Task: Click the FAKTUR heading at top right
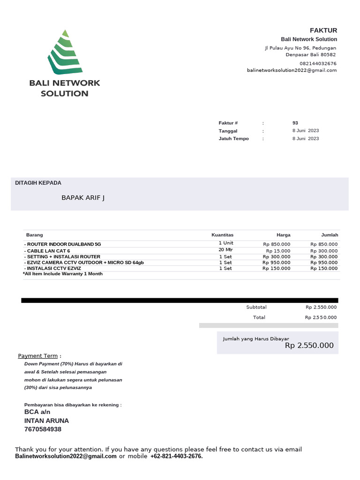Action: (x=323, y=30)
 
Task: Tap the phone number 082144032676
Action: (x=318, y=63)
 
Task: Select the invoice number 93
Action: (x=295, y=123)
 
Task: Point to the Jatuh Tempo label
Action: (x=234, y=139)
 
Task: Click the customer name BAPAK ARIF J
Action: (x=83, y=198)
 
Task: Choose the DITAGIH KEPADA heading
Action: (x=38, y=183)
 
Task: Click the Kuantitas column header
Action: (x=222, y=235)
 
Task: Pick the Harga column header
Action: (x=283, y=235)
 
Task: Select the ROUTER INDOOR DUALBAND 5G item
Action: (x=63, y=244)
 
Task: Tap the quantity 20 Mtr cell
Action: (x=225, y=250)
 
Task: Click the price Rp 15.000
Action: (x=278, y=251)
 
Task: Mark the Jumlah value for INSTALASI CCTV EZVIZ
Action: (x=324, y=269)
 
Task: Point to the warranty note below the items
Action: (x=63, y=274)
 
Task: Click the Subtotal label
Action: (x=256, y=307)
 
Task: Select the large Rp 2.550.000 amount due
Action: (x=309, y=346)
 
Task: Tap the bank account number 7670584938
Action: (x=43, y=429)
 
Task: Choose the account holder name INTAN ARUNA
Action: (x=46, y=420)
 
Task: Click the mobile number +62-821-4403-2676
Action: (x=176, y=456)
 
